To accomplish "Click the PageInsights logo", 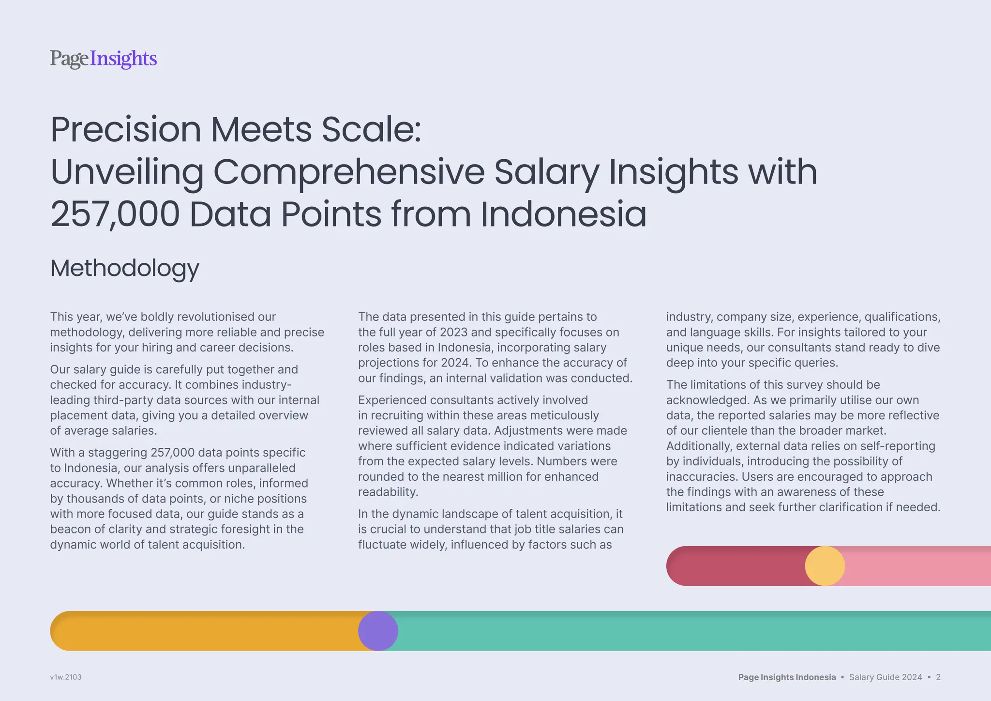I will coord(103,59).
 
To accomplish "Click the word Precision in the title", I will coord(125,130).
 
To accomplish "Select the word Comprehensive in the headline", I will coord(348,172).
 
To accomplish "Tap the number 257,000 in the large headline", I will coord(115,214).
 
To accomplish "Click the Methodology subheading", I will coord(124,268).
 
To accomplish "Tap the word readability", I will coord(388,492).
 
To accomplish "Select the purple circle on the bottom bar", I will coord(378,631).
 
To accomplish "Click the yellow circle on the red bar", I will coord(825,566).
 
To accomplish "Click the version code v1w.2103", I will coord(66,677).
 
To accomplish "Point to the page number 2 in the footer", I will coord(938,677).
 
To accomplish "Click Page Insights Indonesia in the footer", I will coord(787,677).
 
